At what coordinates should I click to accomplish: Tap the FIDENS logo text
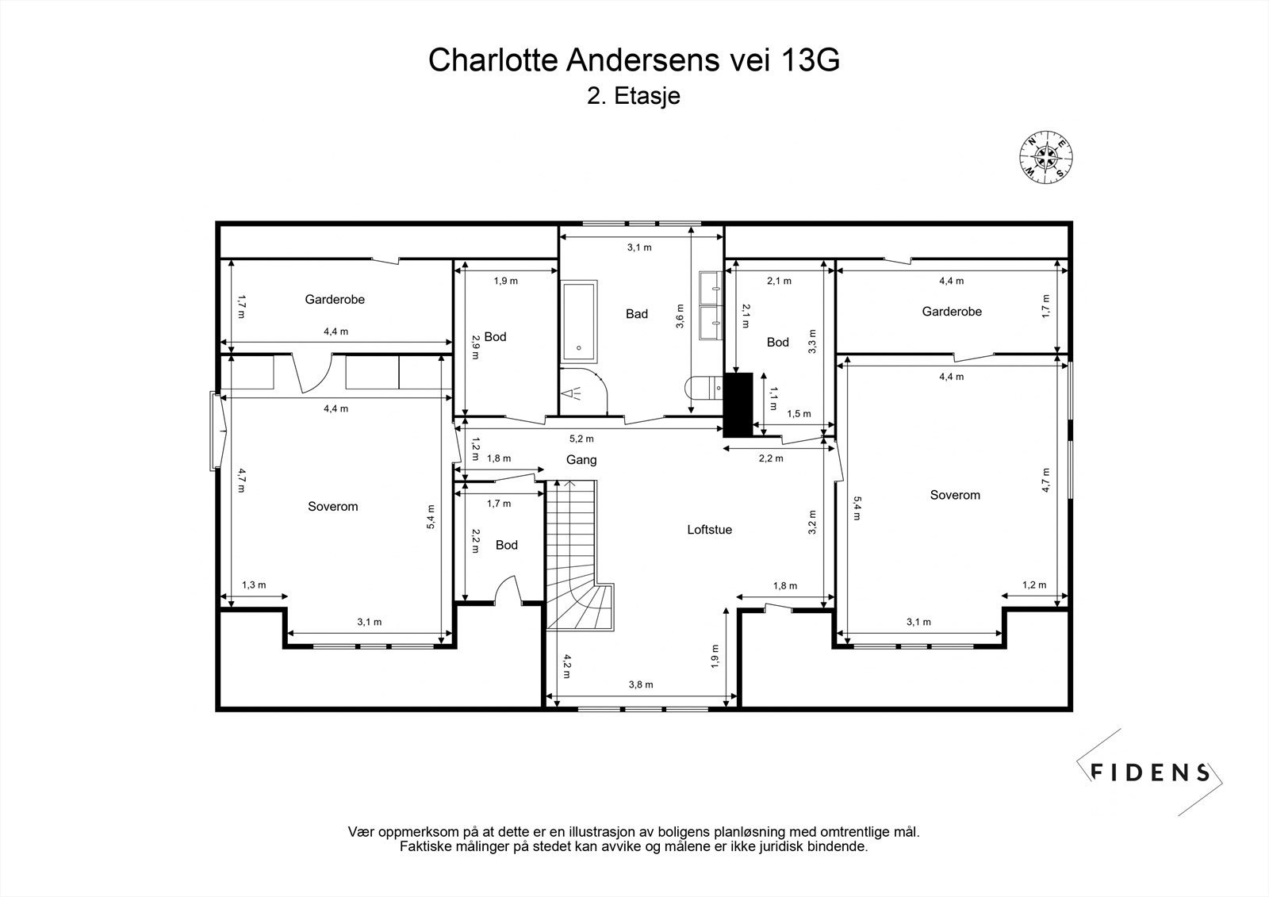pyautogui.click(x=1150, y=772)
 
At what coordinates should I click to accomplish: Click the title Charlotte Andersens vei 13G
pyautogui.click(x=634, y=60)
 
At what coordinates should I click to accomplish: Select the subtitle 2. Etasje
pyautogui.click(x=634, y=97)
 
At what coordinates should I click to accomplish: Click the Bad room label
pyautogui.click(x=637, y=314)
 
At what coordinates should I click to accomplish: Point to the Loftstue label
pyautogui.click(x=709, y=529)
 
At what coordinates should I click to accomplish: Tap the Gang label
pyautogui.click(x=581, y=460)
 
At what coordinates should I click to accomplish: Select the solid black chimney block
pyautogui.click(x=738, y=404)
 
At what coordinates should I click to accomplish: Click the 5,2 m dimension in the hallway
pyautogui.click(x=581, y=439)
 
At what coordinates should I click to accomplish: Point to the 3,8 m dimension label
pyautogui.click(x=641, y=684)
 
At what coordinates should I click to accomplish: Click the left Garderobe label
pyautogui.click(x=335, y=300)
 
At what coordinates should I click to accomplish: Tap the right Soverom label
pyautogui.click(x=955, y=495)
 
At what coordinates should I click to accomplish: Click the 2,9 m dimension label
pyautogui.click(x=475, y=346)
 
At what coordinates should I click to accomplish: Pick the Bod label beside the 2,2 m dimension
pyautogui.click(x=506, y=545)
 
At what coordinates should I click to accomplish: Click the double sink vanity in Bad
pyautogui.click(x=711, y=306)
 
